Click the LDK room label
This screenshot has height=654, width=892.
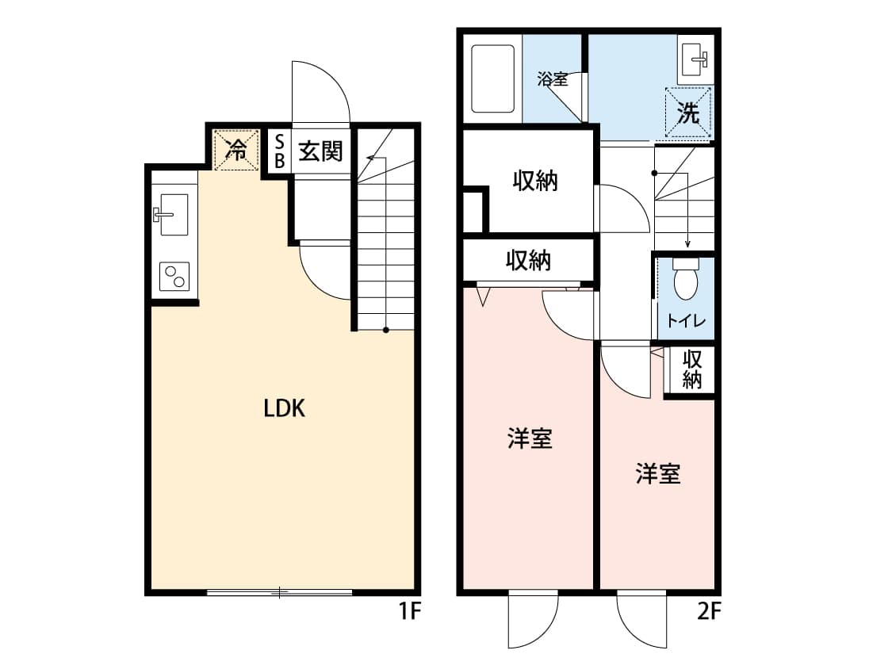point(285,408)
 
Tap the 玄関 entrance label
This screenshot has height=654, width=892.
point(321,151)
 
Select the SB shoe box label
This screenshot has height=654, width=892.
point(279,151)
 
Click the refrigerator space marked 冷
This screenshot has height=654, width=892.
point(236,150)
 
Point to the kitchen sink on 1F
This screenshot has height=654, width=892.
point(173,214)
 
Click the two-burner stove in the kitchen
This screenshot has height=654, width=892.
point(174,277)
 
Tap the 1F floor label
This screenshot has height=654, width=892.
point(409,611)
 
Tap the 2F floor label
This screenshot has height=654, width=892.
point(709,611)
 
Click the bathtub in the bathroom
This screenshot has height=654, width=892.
point(493,78)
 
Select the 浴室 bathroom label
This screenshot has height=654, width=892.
point(553,78)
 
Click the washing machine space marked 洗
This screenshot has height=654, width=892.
point(688,113)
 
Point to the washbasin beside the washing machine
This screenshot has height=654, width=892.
point(695,59)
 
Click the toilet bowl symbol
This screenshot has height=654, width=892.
point(686,278)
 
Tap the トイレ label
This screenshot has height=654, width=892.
point(686,321)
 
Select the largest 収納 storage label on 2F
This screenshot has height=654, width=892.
point(534,181)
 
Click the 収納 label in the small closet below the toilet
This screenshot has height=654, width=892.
point(691,369)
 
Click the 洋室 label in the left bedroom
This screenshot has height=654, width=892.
point(530,439)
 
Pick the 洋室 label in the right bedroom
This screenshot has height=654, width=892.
point(657,474)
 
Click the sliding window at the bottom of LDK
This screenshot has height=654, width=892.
point(279,593)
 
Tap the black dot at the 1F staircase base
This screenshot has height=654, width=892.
point(385,330)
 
